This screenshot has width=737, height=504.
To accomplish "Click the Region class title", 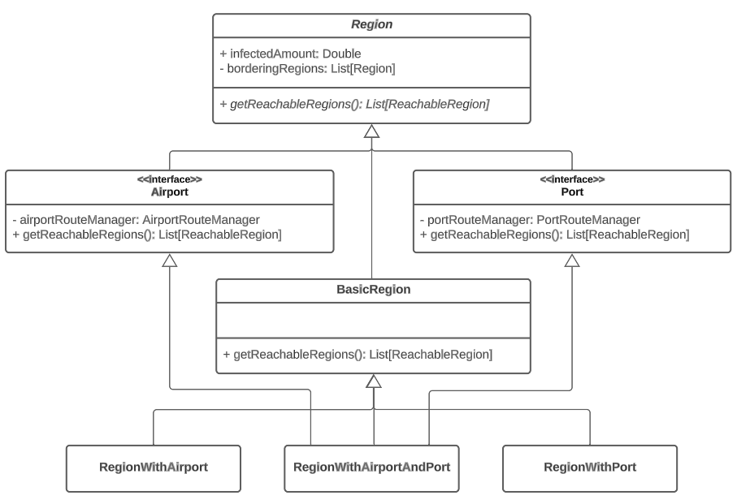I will click(371, 25).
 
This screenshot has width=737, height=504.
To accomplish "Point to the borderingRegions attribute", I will click(307, 69).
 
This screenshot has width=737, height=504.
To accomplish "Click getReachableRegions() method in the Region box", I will click(354, 104).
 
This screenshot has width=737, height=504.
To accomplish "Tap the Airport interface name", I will click(169, 193).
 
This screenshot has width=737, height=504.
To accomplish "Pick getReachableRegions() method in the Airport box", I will click(146, 235).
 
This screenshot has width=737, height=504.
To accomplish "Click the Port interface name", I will click(572, 193).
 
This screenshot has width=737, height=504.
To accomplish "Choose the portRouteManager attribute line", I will click(530, 220).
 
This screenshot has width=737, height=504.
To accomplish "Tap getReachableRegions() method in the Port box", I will click(554, 235).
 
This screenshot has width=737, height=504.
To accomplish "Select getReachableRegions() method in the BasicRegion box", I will click(357, 354).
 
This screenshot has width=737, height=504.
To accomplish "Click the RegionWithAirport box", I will click(153, 467).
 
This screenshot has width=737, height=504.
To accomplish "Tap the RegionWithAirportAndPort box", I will click(371, 467).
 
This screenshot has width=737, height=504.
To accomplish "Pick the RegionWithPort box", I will click(589, 467).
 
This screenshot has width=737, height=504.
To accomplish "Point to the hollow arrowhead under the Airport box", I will click(169, 260).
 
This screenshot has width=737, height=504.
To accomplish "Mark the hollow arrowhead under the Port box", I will click(572, 260).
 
